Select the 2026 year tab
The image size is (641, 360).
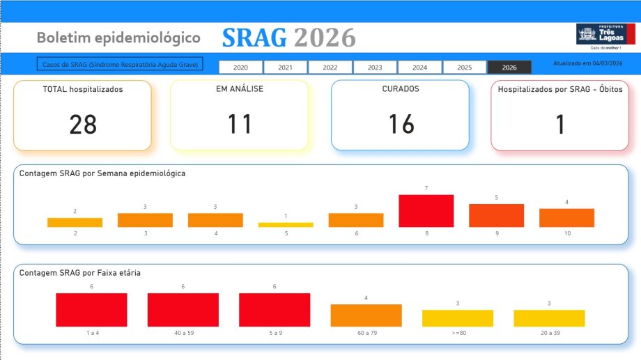pos(509,68)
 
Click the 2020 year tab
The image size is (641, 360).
pos(241,68)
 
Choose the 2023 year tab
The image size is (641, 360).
pos(375,68)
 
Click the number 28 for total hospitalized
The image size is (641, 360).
pos(83,125)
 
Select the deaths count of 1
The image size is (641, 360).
pos(560,125)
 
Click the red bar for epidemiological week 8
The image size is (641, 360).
pos(426,211)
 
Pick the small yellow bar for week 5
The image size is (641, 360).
pos(286,225)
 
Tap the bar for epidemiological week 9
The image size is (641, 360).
pos(496,215)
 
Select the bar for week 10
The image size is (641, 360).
pos(566,218)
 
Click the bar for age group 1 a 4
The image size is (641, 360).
pos(91,310)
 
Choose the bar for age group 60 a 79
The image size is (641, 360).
pos(366,315)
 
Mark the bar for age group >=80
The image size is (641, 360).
pos(458,318)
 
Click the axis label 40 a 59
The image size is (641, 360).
pos(183,333)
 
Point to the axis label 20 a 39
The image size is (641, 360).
pos(549,333)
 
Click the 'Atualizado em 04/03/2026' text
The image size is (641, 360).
pos(587,63)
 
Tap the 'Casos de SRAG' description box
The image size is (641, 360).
pos(120,64)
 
